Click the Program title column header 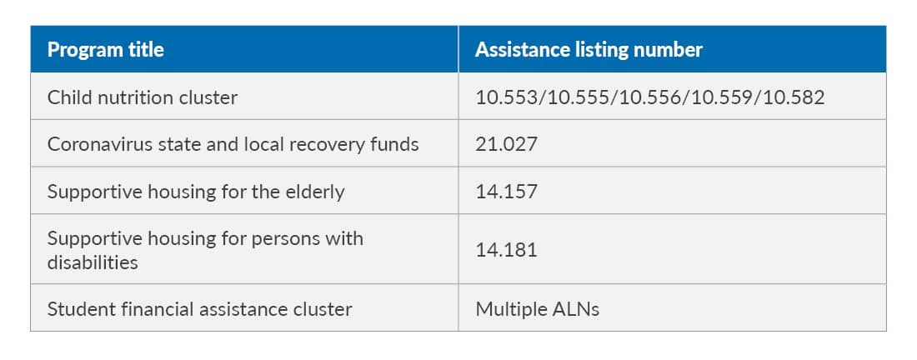105,50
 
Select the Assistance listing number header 589,50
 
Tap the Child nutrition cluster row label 142,97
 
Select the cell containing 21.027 506,144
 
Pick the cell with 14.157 506,192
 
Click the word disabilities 92,262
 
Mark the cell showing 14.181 506,250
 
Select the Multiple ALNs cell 537,309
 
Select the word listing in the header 597,50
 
